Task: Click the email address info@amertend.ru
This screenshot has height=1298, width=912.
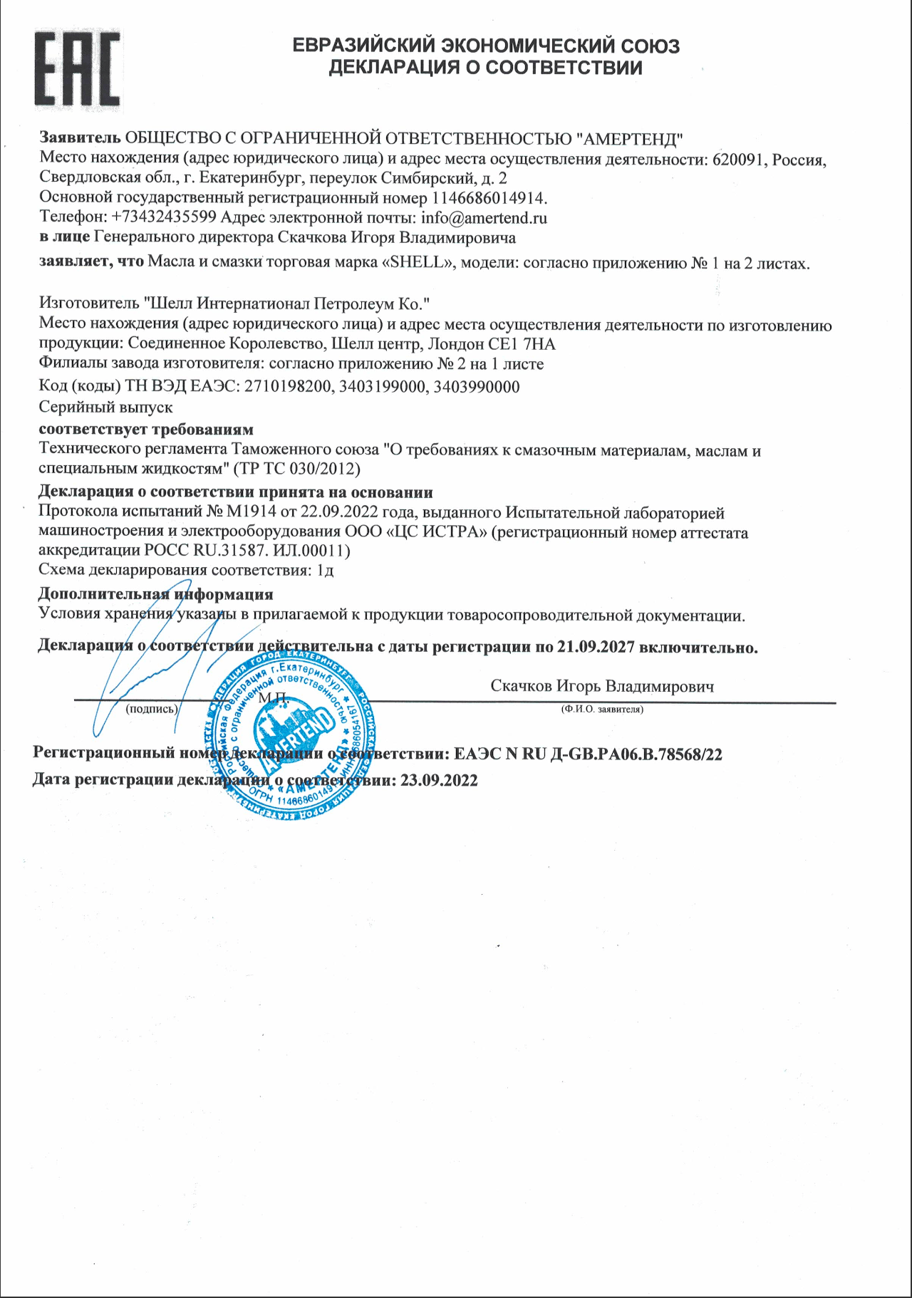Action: [484, 218]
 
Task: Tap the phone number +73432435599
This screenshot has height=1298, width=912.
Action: [164, 218]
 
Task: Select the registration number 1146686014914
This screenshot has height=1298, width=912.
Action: [488, 198]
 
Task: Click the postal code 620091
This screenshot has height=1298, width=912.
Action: [738, 160]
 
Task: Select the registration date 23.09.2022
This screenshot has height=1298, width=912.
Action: [439, 780]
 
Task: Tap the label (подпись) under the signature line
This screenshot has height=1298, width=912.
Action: [151, 710]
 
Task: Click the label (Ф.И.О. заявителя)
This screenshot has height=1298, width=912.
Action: [602, 710]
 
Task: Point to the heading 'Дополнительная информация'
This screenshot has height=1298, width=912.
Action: [155, 594]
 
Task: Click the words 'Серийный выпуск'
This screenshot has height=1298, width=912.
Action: [105, 407]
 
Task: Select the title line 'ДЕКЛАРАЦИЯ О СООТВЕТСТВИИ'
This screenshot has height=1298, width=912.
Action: [485, 68]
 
